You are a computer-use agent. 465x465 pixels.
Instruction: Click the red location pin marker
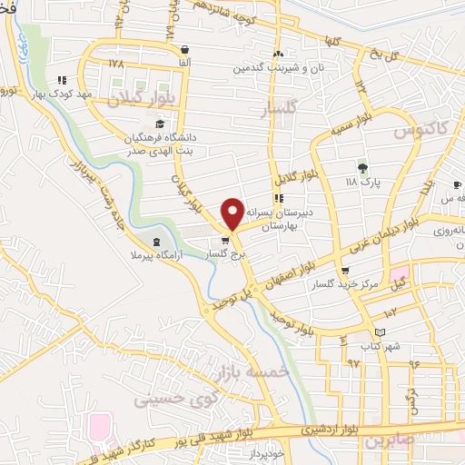pos(232,213)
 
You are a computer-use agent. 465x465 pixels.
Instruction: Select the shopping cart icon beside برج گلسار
pos(225,241)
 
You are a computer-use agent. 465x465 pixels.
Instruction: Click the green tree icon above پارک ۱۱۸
pos(362,167)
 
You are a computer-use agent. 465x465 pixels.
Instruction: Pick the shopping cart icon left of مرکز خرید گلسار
pos(344,272)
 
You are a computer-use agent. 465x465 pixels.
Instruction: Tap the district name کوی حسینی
pos(173,398)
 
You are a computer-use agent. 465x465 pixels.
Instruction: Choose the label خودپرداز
pos(269,451)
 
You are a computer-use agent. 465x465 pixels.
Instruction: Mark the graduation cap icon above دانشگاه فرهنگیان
pos(159,124)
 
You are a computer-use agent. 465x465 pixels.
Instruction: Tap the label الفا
pos(185,63)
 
